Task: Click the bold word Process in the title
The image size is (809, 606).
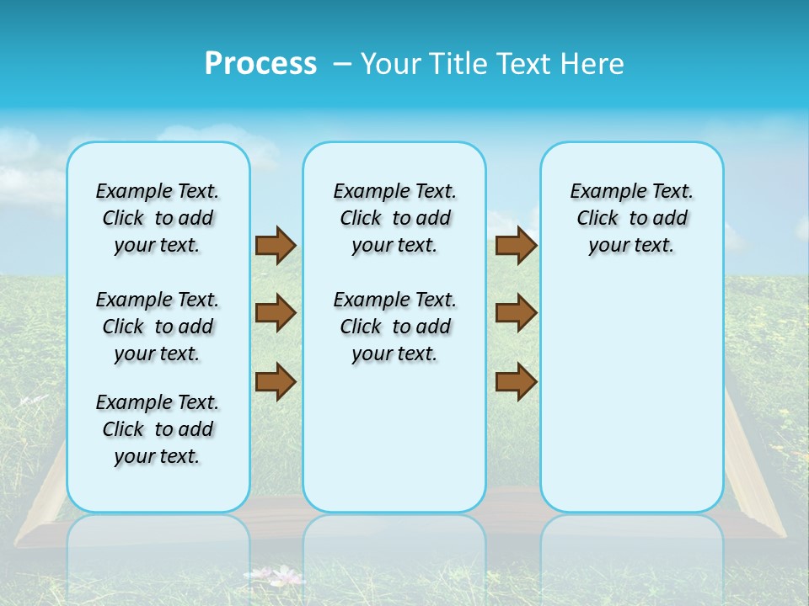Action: click(260, 64)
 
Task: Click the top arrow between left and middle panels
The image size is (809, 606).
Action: click(276, 246)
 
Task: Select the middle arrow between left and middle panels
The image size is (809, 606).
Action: click(276, 313)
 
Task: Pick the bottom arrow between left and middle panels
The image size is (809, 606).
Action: click(276, 381)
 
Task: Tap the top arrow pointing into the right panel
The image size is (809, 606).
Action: click(516, 246)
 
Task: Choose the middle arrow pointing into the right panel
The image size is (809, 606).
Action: click(516, 313)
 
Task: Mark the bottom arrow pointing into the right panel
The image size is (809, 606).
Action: click(516, 381)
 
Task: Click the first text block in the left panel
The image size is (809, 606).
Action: click(158, 218)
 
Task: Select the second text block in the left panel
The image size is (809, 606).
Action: click(158, 327)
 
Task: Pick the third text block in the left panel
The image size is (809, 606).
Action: click(158, 429)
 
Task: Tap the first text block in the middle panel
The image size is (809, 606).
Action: click(394, 218)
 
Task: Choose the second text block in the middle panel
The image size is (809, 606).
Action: click(394, 327)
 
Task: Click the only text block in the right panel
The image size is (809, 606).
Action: click(631, 218)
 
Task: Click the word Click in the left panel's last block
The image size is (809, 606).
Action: click(123, 429)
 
